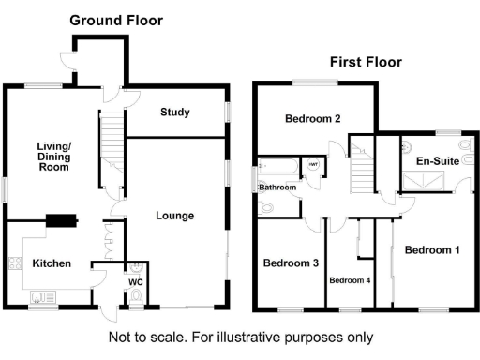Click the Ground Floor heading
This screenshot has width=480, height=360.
point(116,20)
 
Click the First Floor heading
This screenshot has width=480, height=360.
point(365,62)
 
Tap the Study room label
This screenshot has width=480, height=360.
point(174,112)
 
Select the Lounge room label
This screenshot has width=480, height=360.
point(174,216)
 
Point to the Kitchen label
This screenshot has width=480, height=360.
point(52,263)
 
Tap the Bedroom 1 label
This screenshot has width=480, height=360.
point(432,250)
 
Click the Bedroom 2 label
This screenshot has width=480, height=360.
point(312,118)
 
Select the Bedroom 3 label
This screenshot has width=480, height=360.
point(290,262)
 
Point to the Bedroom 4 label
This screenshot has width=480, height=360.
point(349,279)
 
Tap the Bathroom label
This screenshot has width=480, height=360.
point(277,187)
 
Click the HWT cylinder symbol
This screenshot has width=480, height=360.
point(313,166)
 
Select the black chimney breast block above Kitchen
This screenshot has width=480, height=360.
point(61,221)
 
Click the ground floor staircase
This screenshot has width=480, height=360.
point(112,141)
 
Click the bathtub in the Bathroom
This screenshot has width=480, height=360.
point(278,168)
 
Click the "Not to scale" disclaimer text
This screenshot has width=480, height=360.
point(241,337)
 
